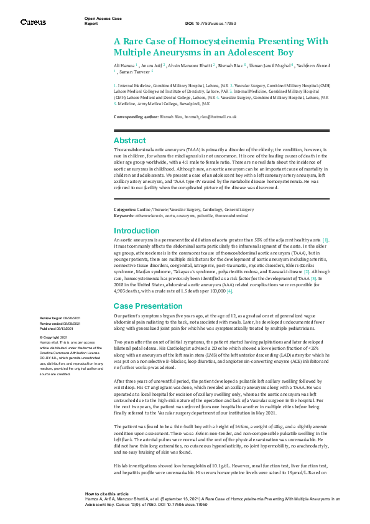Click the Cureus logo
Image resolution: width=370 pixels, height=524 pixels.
(x=32, y=22)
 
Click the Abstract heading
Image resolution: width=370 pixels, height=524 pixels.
(x=129, y=141)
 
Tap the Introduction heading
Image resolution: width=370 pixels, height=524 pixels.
(x=136, y=230)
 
